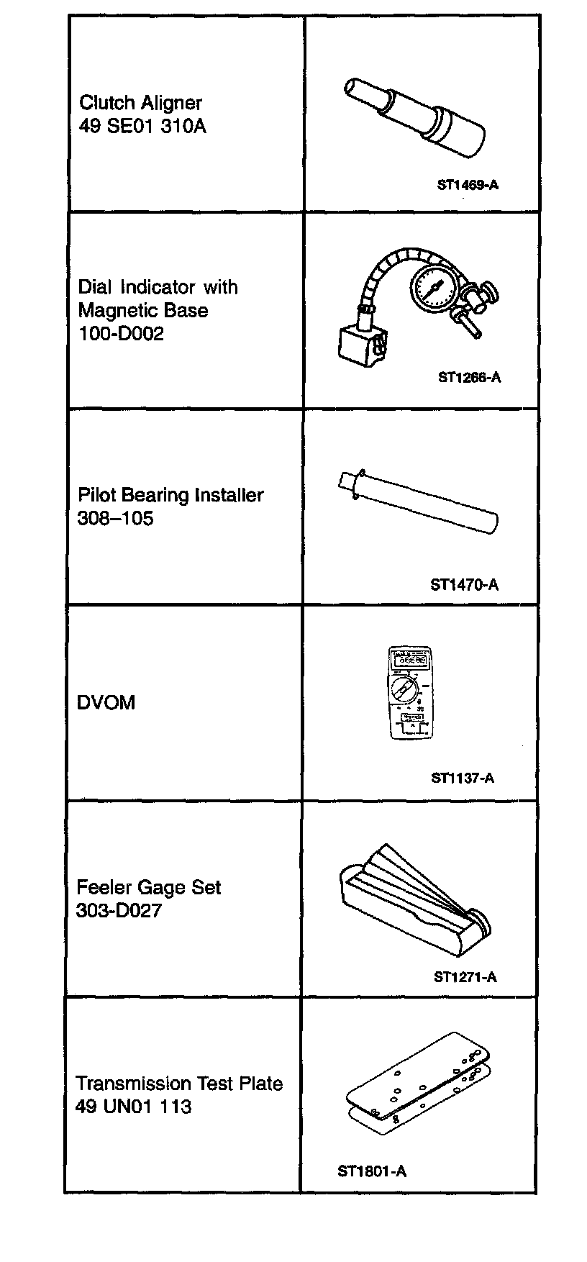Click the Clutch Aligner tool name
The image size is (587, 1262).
[140, 104]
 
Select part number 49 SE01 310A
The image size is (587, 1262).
[142, 127]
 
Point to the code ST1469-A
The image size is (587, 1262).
[468, 185]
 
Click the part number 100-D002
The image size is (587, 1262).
[121, 334]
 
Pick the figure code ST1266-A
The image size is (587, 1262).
[469, 377]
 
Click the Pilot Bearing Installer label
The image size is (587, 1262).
[170, 495]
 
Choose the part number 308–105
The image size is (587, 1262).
[115, 518]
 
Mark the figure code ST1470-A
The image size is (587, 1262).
[464, 585]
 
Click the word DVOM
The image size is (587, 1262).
[106, 703]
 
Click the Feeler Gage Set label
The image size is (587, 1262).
[148, 887]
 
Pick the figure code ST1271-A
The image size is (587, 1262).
[465, 976]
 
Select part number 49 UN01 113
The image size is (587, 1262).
[133, 1106]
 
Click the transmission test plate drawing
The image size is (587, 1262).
[417, 1079]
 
